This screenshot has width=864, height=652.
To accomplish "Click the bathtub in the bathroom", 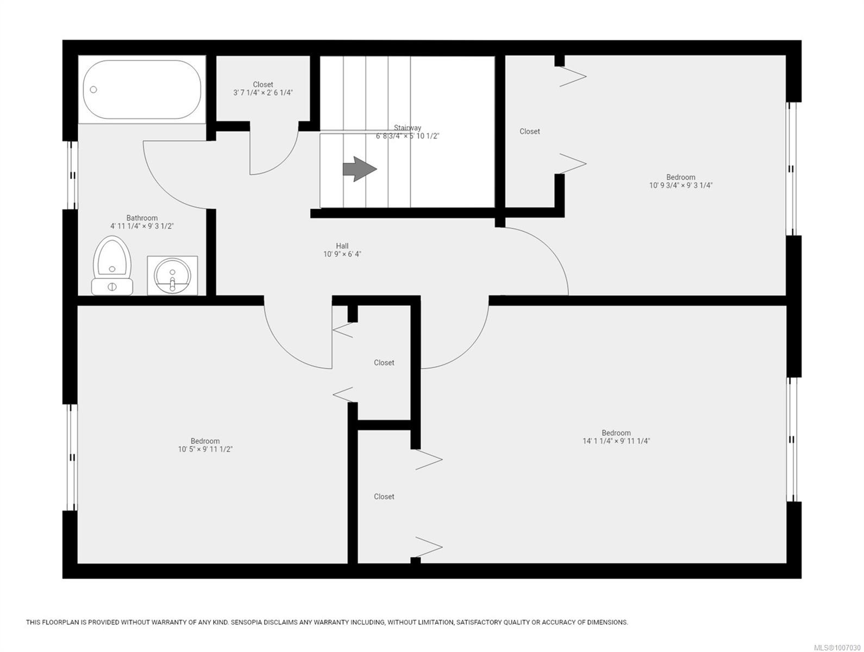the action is [x=142, y=89].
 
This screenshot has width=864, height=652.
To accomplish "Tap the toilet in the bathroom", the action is [x=112, y=265].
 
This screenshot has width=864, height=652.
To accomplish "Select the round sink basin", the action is [x=172, y=275].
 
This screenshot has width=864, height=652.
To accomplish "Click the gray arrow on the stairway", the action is [x=360, y=169].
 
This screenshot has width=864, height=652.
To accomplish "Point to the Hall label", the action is [x=342, y=246].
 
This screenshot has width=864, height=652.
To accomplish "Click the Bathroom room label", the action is [x=142, y=217].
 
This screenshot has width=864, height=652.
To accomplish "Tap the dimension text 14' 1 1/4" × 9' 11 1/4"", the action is [x=616, y=441].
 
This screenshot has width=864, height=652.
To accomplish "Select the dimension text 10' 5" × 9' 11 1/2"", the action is [x=205, y=449].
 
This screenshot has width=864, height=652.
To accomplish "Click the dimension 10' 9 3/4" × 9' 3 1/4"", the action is [x=680, y=185].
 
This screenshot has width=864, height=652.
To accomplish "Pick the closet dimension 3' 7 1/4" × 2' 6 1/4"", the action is [x=263, y=93].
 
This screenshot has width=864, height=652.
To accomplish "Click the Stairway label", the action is [x=408, y=128].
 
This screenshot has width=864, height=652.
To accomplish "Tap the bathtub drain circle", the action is [x=93, y=90].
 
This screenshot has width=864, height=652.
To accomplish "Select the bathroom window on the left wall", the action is [x=72, y=175].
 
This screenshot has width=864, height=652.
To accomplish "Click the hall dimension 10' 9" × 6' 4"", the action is [x=342, y=254].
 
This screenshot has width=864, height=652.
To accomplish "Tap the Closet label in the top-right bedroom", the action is [x=529, y=131].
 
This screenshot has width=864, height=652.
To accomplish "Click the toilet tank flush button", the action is [x=112, y=286].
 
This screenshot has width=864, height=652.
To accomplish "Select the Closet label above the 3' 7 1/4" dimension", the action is [x=263, y=85].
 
